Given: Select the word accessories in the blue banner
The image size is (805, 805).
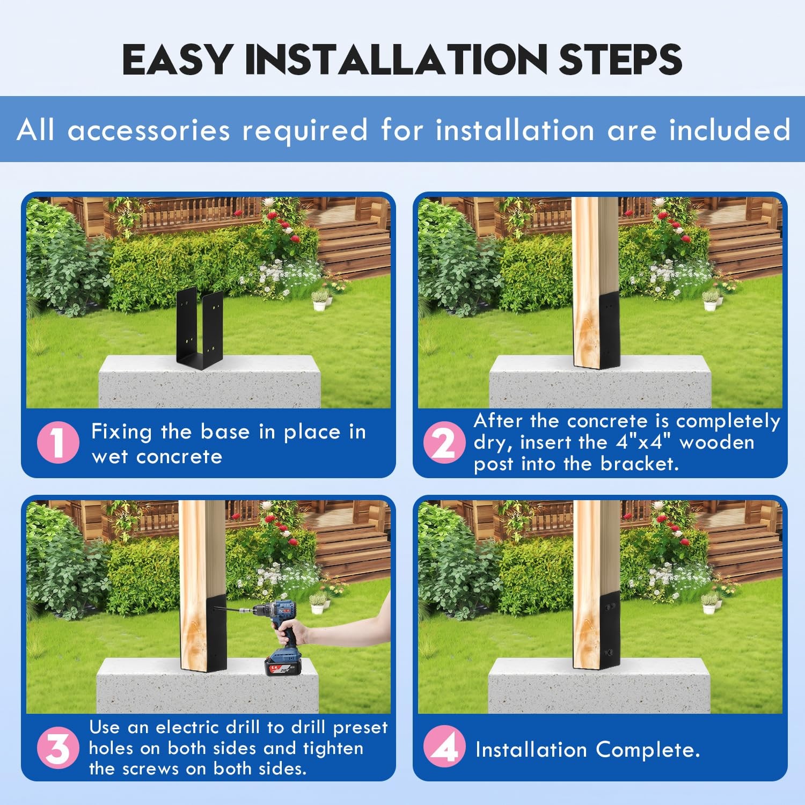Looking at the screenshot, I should coord(149,130).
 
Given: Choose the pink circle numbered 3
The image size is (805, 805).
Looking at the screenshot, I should coord(58,748).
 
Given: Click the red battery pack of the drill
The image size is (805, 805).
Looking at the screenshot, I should coord(282,667).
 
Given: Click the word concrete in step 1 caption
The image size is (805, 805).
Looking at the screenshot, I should coord(179,457).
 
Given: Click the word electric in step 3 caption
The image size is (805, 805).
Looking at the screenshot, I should coord(188,727).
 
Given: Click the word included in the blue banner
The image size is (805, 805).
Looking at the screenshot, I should coord(730,130).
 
